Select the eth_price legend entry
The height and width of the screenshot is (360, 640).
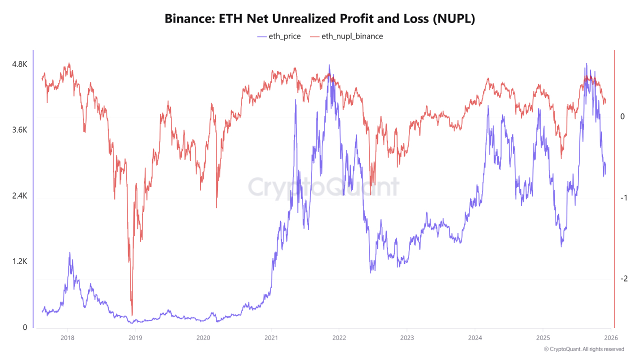click(279, 36)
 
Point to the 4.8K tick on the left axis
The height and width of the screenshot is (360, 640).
click(19, 64)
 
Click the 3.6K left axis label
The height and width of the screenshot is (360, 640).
click(19, 130)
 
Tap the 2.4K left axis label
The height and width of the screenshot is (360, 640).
click(19, 196)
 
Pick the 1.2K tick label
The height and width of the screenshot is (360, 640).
click(19, 261)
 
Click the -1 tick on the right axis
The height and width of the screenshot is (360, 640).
click(623, 198)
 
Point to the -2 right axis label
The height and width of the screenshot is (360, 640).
click(623, 279)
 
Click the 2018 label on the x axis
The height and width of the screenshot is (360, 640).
click(67, 337)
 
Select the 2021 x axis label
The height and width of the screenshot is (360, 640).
click(271, 337)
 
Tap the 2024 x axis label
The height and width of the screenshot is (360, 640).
click(475, 337)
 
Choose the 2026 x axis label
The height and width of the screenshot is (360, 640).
click(610, 337)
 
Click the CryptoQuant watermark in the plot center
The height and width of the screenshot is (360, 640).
click(324, 187)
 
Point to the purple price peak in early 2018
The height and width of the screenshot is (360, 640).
click(69, 252)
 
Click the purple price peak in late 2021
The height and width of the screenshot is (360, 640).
click(329, 65)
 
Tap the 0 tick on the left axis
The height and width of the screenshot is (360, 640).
click(25, 327)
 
